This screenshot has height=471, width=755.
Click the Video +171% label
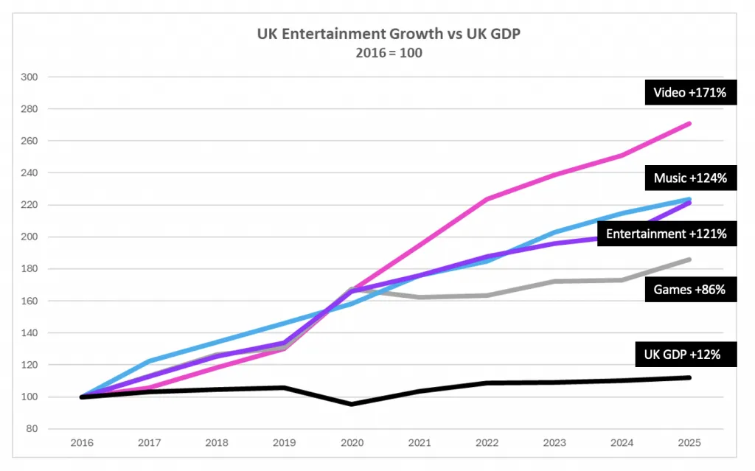pos(690,93)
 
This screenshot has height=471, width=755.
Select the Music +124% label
pos(690,178)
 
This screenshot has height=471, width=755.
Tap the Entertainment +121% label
pos(666,234)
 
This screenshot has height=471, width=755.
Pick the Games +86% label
pos(689,290)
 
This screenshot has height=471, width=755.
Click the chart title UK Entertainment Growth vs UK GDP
pos(377,34)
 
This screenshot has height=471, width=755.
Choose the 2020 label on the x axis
pos(352,443)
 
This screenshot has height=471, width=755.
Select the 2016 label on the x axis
pos(81,443)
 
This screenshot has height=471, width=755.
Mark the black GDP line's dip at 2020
pos(352,404)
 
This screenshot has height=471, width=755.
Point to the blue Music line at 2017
pos(149,361)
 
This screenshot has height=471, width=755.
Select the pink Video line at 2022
pos(487,199)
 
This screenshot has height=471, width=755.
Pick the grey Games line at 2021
pos(420,297)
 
